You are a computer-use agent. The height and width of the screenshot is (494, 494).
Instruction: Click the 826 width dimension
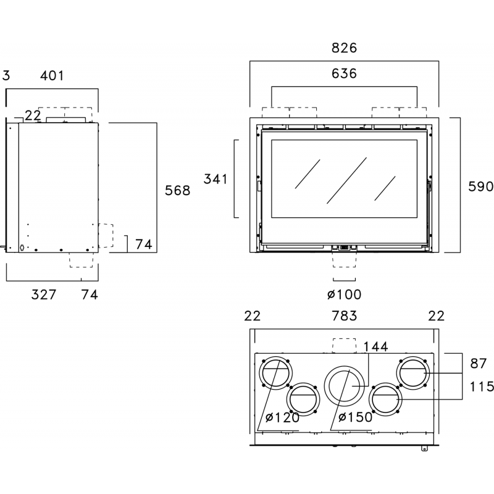click(344, 48)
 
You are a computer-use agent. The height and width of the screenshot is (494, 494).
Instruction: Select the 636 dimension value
click(344, 73)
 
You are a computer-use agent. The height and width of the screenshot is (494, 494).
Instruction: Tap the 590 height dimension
click(481, 186)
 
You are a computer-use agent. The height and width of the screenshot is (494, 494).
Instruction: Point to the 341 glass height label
click(216, 179)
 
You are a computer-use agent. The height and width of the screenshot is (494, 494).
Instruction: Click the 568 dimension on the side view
click(178, 190)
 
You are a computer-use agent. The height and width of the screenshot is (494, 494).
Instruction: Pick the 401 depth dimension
click(52, 75)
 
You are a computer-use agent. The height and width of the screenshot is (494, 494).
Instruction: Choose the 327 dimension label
click(44, 295)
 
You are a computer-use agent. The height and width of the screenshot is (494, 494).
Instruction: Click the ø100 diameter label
click(345, 295)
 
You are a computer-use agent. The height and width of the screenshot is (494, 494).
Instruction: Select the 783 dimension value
click(345, 316)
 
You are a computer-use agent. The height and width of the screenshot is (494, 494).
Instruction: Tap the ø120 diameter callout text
click(283, 417)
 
